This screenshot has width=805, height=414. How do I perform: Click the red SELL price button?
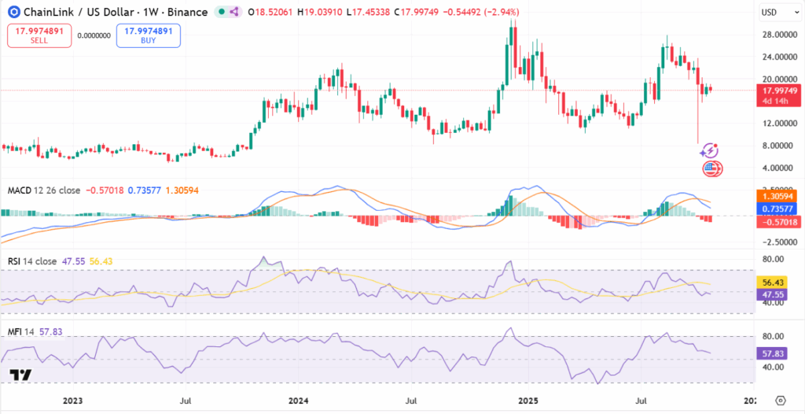(x=39, y=35)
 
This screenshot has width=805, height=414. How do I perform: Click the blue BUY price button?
(x=148, y=35)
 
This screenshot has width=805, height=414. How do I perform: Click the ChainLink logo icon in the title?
(x=14, y=13)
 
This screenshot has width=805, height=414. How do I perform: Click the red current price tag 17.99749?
(x=779, y=91)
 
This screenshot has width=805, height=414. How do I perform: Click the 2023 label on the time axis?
(x=72, y=400)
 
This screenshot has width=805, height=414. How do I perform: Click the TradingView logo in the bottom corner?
(x=21, y=375)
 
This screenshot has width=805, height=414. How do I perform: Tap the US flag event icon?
(x=711, y=168)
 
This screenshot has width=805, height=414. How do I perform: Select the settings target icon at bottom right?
(x=780, y=400)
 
